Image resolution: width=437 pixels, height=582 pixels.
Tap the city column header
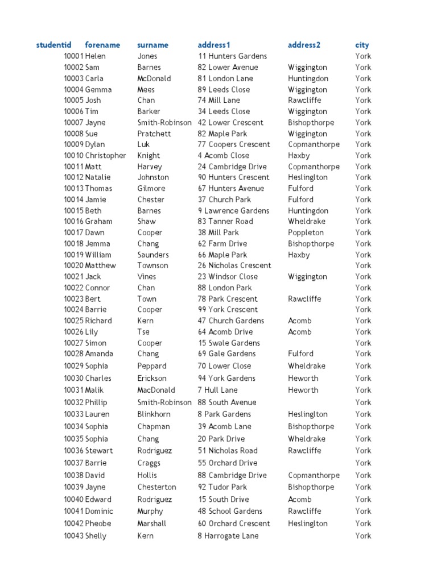point(362,45)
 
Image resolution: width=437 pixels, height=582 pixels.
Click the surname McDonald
point(154,78)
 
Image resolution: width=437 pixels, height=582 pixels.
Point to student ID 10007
point(73,123)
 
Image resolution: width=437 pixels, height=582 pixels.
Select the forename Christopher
point(106,156)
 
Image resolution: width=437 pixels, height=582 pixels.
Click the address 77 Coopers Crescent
point(234,144)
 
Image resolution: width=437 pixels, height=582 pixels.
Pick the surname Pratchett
point(154,134)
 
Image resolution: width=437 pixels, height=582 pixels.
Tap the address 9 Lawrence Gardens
point(233,211)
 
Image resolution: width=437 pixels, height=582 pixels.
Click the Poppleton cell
point(306,232)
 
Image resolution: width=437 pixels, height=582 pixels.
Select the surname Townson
point(152,265)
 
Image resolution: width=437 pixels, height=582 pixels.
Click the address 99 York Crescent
point(228,310)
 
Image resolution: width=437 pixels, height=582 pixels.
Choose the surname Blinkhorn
point(154,414)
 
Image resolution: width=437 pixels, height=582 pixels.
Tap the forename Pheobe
point(98,523)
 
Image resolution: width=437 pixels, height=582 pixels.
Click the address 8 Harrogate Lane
point(228,536)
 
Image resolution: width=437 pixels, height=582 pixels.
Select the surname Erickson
point(152,379)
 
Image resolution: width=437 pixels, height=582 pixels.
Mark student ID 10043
point(73,536)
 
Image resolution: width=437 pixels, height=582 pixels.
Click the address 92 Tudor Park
point(222,487)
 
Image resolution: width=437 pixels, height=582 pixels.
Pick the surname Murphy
point(150,512)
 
